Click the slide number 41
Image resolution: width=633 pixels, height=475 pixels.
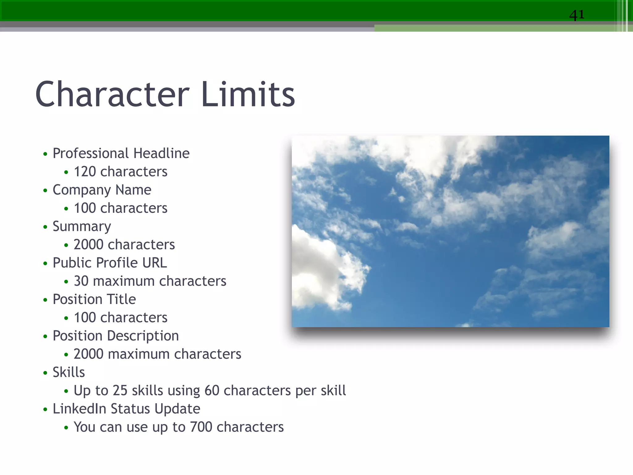click(577, 15)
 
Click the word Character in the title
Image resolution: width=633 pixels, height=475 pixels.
click(112, 94)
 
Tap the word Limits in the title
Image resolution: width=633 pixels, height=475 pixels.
click(248, 94)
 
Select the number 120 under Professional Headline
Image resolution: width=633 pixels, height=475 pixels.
click(85, 172)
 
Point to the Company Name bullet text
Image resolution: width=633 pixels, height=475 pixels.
click(102, 190)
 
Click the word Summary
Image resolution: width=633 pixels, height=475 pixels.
click(82, 227)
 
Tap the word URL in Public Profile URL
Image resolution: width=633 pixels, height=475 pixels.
click(155, 263)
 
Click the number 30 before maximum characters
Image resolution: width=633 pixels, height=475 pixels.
click(81, 281)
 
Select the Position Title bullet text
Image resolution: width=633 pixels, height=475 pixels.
click(94, 299)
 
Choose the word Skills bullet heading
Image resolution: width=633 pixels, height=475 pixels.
click(69, 372)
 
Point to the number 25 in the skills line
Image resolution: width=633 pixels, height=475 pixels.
click(120, 391)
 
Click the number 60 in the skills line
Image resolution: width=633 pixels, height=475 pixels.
click(212, 391)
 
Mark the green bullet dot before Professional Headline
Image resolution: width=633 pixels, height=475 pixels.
click(45, 154)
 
